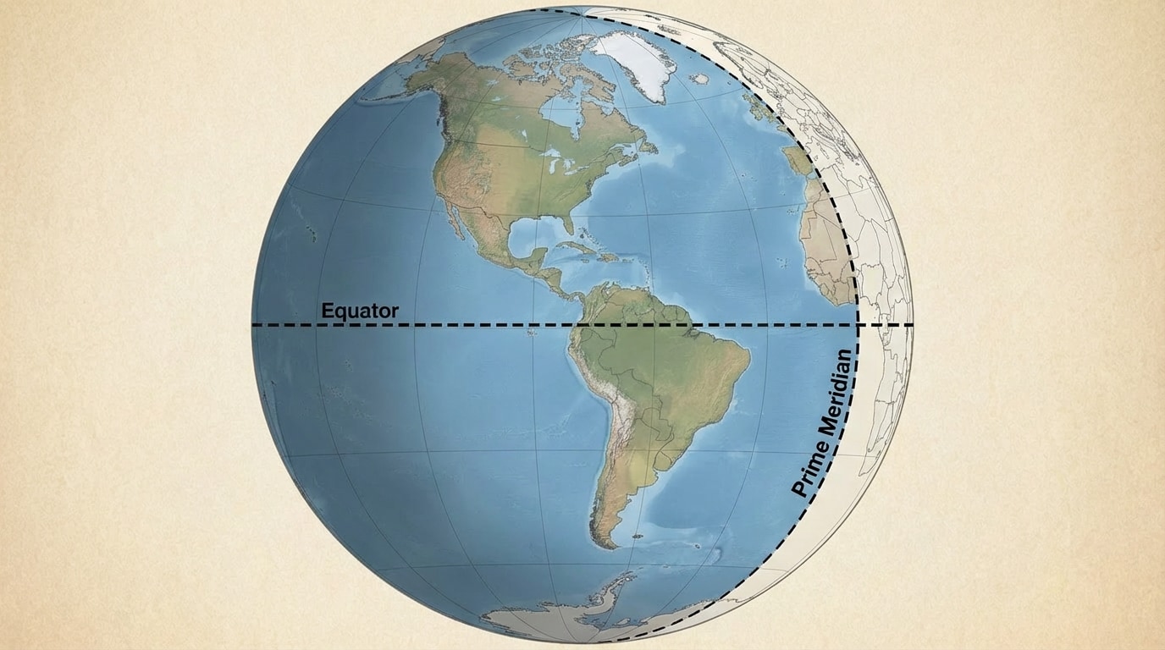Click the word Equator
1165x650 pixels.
coord(359,311)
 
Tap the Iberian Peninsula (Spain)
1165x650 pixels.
coord(799,161)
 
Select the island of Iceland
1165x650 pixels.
coord(699,79)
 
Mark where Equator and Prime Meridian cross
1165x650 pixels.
coord(859,325)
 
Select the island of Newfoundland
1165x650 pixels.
coord(647,145)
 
